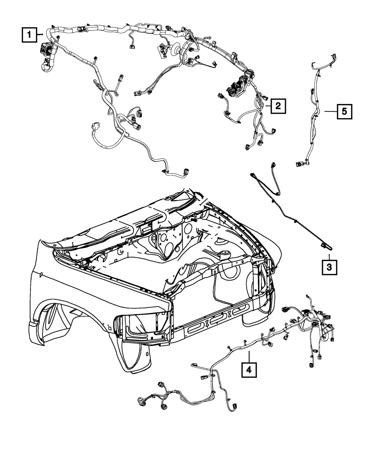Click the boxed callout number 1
coord(28,36)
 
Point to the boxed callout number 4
coord(249,369)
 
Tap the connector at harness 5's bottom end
coord(300,163)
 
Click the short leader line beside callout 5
coord(330,111)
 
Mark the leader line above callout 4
coord(249,355)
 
